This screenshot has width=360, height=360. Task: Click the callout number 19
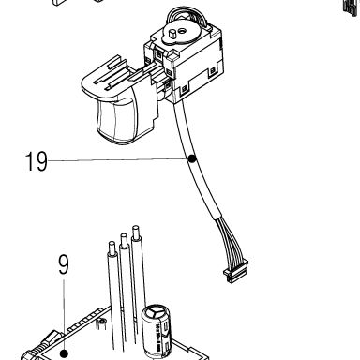click(x=37, y=161)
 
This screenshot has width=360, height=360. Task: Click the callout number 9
click(x=64, y=264)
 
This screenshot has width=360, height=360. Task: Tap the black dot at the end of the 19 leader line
click(x=192, y=158)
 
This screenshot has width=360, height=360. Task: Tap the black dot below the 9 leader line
click(x=64, y=353)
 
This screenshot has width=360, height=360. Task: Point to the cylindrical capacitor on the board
click(x=157, y=330)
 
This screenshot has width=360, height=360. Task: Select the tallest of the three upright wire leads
click(x=139, y=281)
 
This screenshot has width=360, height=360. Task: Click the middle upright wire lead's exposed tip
click(x=123, y=238)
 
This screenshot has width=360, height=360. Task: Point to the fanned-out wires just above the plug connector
click(x=231, y=240)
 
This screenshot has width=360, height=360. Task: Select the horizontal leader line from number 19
click(x=118, y=160)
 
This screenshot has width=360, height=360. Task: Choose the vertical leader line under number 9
click(x=64, y=315)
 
